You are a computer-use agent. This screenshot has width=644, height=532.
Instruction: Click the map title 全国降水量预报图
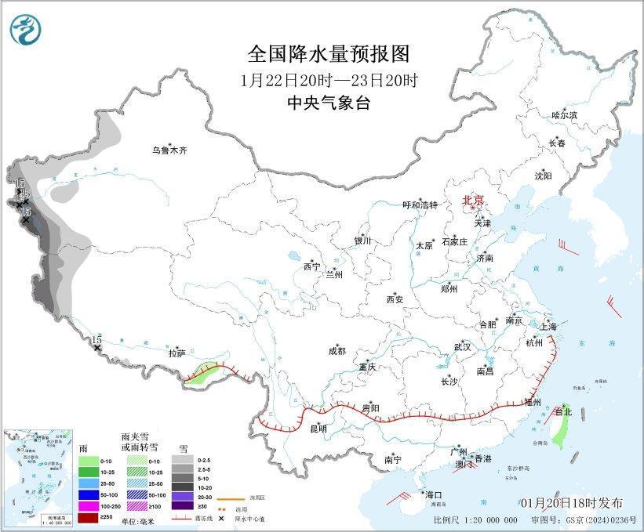click(x=329, y=53)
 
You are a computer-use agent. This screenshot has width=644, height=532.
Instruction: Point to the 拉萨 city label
click(x=176, y=353)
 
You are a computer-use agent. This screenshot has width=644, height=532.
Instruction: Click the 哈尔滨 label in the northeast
click(x=563, y=115)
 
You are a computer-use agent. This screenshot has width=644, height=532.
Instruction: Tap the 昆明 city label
click(x=318, y=429)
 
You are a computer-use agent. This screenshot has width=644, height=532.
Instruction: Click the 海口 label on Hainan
click(x=434, y=494)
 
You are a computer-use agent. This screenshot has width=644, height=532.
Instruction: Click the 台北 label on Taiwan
click(x=564, y=411)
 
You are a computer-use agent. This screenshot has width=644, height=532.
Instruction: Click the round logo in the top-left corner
click(x=26, y=29)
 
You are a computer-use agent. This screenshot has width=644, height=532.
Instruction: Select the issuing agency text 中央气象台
click(x=329, y=103)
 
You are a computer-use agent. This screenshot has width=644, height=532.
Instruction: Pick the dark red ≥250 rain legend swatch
click(x=89, y=517)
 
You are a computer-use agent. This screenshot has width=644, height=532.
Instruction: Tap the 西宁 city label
click(x=311, y=267)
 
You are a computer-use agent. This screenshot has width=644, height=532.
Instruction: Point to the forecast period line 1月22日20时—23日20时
click(x=329, y=79)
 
